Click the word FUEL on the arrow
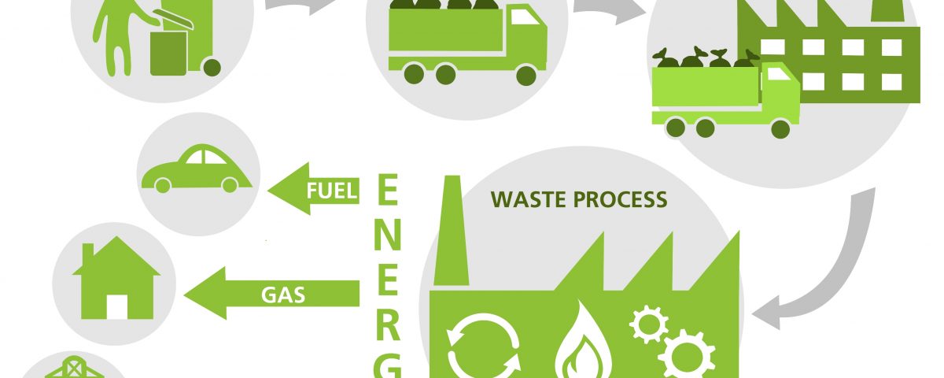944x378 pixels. pos(332,191)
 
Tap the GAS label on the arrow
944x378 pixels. pos(283,295)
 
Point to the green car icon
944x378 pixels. pos(197,169)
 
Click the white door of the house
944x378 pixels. pos(117,306)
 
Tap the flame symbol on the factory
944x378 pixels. pos(582,342)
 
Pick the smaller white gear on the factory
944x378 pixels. pos(648,324)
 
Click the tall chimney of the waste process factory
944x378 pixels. pos(452,230)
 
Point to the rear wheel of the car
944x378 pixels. pos(163,185)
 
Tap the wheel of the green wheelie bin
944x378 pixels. pos(212,68)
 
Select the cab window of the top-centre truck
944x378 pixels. pos(525,17)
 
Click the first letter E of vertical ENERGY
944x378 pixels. pos(387,190)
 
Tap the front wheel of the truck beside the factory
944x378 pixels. pos(780,128)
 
